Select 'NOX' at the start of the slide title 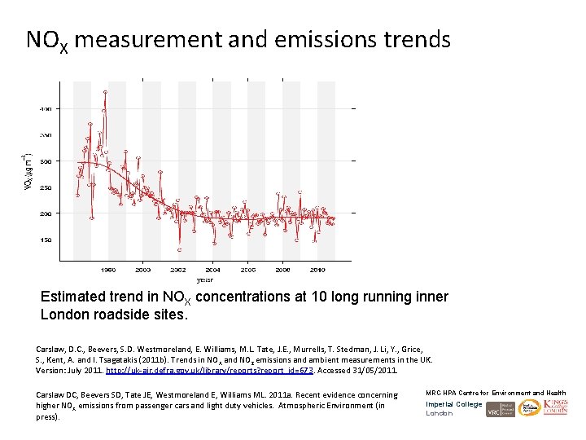46,40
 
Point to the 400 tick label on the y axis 46,108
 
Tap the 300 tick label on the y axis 46,161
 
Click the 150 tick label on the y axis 46,240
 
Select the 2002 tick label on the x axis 177,269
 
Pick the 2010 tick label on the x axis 317,269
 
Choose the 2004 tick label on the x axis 212,269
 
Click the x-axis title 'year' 204,279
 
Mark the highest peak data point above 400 104,91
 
